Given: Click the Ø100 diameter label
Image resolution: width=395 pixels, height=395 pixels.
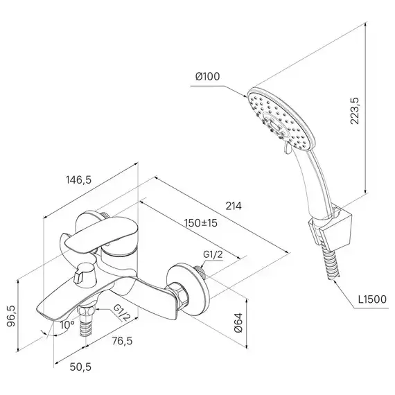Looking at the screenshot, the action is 208,76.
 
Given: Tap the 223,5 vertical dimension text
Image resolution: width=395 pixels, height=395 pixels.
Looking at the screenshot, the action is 355,110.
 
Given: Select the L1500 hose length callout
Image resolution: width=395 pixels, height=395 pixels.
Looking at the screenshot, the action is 373,299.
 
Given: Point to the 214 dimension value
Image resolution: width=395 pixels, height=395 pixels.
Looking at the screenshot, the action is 234,206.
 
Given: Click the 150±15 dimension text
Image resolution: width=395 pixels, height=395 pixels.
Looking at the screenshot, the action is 200,223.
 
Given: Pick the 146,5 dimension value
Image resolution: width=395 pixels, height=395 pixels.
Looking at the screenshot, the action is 78,180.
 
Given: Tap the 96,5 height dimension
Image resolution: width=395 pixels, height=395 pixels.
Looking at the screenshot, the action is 11,316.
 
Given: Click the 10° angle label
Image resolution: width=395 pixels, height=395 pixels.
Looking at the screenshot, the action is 67,325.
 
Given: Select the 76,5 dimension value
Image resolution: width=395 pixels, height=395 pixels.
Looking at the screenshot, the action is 122,341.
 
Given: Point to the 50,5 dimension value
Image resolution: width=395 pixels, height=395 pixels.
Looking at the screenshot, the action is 80,367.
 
